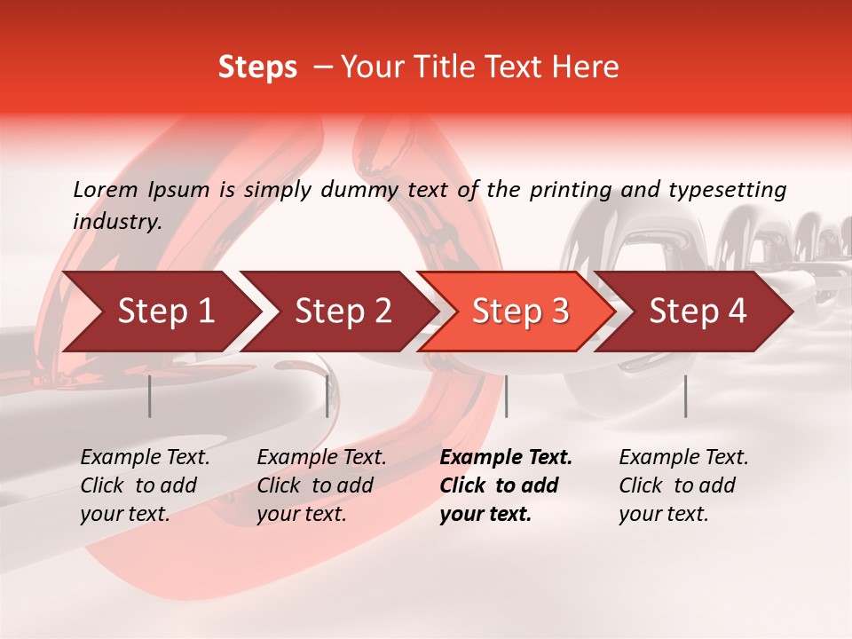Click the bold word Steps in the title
tap(257, 67)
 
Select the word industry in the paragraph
tap(117, 222)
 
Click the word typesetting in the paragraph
tap(726, 189)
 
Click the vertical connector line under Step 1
tap(150, 396)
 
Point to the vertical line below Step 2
tap(327, 396)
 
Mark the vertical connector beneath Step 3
tap(506, 396)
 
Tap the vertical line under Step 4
tap(685, 396)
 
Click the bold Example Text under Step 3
tap(506, 485)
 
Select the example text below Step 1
tap(145, 485)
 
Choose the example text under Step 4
tap(683, 485)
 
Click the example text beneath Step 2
tap(321, 485)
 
